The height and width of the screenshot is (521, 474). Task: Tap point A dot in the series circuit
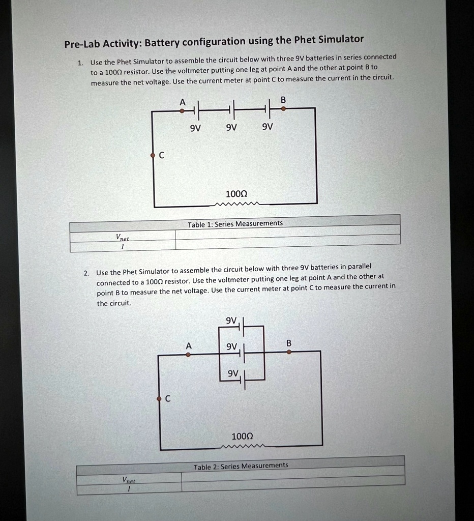coord(182,109)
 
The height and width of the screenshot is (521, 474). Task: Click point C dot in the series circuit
coord(152,155)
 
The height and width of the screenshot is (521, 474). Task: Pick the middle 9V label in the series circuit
coord(231,127)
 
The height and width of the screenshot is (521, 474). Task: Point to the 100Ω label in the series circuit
coord(236,194)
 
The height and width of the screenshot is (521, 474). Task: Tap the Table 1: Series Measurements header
coord(235,224)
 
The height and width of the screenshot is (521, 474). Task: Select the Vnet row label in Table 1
coord(122,237)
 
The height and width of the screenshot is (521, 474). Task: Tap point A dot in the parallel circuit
coord(188,355)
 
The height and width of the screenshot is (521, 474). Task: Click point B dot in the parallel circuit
coord(289,352)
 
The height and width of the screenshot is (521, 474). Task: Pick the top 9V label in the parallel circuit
coord(231,320)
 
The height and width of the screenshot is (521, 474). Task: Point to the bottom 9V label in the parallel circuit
coord(232,374)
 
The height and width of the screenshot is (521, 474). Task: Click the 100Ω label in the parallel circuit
coord(242,437)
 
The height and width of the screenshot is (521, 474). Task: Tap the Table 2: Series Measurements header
coord(241,466)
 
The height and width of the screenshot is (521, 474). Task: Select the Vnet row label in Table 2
coord(128,480)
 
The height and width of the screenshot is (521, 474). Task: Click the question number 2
coord(86,273)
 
